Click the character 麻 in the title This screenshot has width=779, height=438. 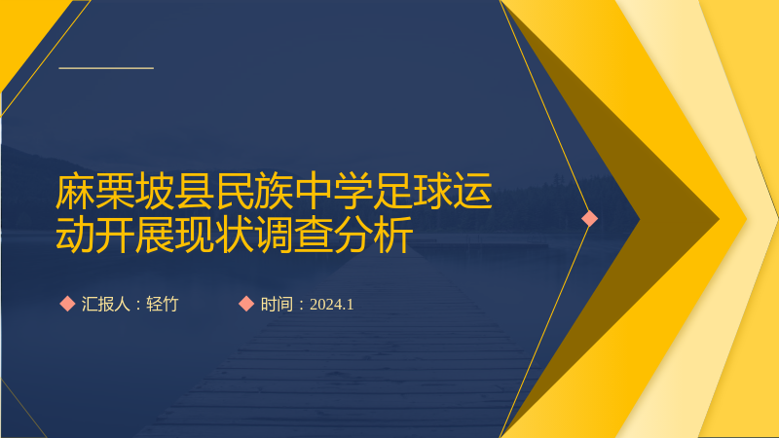[x=75, y=191]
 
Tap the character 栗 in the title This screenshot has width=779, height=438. [x=115, y=191]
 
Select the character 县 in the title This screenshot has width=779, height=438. [x=194, y=191]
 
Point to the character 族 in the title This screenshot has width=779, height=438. [x=274, y=191]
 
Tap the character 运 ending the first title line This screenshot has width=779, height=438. [x=472, y=191]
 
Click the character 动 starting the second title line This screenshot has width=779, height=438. [x=75, y=235]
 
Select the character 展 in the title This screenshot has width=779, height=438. [x=155, y=235]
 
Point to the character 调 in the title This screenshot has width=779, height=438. [x=274, y=235]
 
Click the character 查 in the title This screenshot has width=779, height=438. [x=314, y=235]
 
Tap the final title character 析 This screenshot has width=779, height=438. [x=393, y=235]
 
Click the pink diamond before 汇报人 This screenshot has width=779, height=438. [x=67, y=304]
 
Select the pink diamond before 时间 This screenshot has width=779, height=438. [x=246, y=304]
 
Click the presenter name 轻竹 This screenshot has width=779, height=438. [x=162, y=304]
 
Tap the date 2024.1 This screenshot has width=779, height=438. [x=331, y=305]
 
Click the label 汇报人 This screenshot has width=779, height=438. [x=105, y=304]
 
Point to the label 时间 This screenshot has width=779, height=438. [x=277, y=304]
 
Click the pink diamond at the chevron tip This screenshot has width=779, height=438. [x=590, y=218]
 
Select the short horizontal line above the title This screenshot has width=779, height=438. [x=106, y=68]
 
